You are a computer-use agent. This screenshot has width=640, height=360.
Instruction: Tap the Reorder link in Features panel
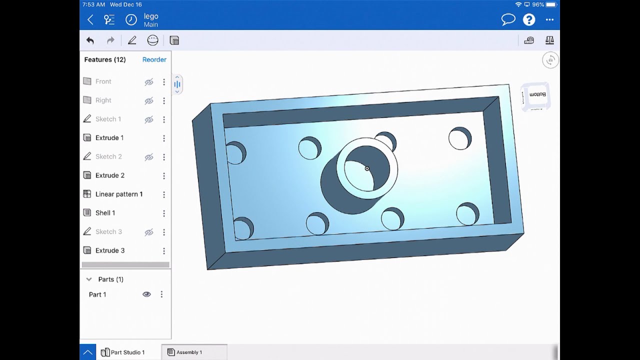[154, 59]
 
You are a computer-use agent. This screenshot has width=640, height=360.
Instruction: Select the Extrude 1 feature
[109, 138]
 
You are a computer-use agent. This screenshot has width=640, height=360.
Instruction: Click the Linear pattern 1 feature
[118, 194]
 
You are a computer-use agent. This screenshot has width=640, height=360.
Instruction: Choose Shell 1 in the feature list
[105, 213]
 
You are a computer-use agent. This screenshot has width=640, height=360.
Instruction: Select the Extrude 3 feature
[109, 250]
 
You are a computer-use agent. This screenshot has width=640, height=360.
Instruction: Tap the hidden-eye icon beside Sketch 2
[148, 157]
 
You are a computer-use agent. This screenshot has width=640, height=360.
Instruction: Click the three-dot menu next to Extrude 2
[163, 175]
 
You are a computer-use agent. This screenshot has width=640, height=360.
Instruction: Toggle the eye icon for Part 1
[146, 294]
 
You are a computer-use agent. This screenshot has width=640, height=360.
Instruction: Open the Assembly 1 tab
[188, 352]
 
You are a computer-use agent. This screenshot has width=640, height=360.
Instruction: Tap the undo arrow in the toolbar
[90, 40]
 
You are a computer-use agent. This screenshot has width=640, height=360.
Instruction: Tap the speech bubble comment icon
[508, 19]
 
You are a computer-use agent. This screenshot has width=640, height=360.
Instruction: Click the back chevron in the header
[90, 19]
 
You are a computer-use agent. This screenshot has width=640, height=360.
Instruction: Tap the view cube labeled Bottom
[536, 95]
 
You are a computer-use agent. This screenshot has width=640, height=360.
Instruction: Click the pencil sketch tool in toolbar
[132, 40]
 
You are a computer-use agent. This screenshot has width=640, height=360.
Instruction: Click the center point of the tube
[367, 169]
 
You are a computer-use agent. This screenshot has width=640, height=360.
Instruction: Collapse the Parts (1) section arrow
[89, 279]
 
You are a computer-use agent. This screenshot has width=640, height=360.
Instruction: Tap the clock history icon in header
[130, 19]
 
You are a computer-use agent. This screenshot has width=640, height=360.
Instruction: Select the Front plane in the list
[103, 81]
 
